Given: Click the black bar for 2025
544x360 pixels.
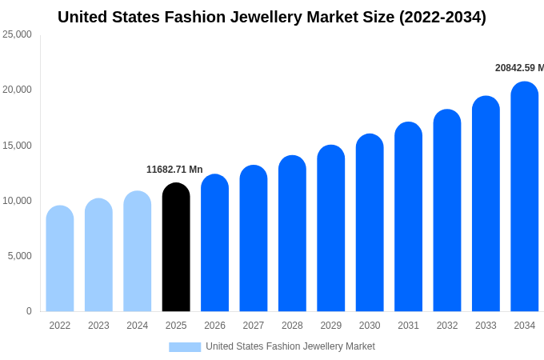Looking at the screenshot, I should click(x=176, y=248).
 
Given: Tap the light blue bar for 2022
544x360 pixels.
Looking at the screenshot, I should click(x=60, y=259).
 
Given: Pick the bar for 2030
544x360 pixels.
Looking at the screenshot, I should click(x=370, y=223).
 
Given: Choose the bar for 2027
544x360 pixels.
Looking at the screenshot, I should click(x=254, y=239).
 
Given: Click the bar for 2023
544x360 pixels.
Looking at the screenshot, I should click(x=98, y=256).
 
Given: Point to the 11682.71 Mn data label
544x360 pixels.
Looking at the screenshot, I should click(x=174, y=170).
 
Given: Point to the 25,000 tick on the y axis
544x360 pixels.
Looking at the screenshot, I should click(x=17, y=34).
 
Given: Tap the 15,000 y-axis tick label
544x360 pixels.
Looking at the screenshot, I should click(x=17, y=146).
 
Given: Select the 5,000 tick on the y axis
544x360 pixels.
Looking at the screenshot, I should click(x=19, y=256).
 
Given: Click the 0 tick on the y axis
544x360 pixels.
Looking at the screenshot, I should click(x=29, y=311).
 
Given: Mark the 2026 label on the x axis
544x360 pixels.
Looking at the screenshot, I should click(x=214, y=326).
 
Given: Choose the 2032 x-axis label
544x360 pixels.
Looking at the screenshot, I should click(x=447, y=326).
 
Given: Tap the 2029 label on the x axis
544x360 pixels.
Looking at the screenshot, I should click(x=331, y=326).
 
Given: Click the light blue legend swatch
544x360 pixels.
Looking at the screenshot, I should click(x=185, y=346).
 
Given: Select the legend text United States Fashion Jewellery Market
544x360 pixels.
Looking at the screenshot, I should click(x=290, y=346).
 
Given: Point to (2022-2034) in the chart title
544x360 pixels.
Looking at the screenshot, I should click(x=442, y=17).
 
